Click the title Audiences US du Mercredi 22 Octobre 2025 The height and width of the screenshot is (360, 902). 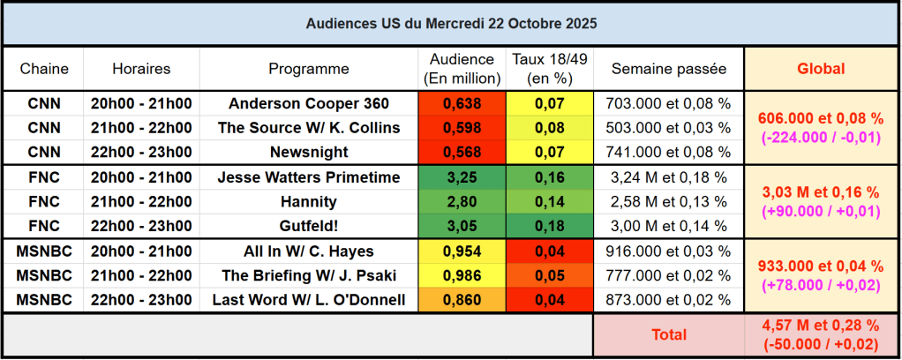click(x=450, y=24)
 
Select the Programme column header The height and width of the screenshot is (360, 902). click(x=309, y=69)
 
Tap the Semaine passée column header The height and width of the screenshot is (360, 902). click(x=668, y=69)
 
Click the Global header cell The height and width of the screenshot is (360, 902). click(x=821, y=69)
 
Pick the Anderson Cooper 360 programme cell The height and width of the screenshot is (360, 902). click(x=309, y=103)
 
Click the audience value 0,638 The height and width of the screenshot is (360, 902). click(x=462, y=103)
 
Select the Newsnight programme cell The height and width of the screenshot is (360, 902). click(x=309, y=152)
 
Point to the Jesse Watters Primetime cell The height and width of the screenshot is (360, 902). click(x=309, y=177)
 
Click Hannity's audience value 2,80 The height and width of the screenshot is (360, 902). click(x=462, y=202)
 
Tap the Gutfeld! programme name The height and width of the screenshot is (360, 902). click(x=309, y=227)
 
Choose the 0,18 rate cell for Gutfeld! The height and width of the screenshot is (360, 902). click(x=549, y=227)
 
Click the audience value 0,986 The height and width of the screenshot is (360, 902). click(x=462, y=275)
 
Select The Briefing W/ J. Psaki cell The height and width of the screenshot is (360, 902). click(x=309, y=275)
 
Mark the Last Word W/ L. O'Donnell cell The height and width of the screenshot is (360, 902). click(x=309, y=300)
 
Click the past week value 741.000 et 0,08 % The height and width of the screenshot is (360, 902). click(x=668, y=152)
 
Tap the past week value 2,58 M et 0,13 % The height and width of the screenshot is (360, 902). click(x=668, y=202)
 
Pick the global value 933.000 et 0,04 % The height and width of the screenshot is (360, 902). click(x=821, y=266)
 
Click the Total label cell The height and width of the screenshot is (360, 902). click(x=668, y=335)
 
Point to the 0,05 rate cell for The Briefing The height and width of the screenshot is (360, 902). click(x=549, y=275)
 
